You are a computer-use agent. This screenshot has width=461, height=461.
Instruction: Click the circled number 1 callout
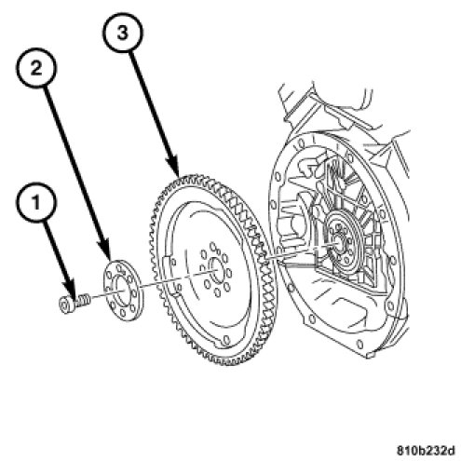coord(36,202)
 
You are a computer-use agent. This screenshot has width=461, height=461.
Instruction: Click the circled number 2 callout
coord(36,67)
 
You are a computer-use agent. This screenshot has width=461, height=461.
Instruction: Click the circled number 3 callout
coord(123,32)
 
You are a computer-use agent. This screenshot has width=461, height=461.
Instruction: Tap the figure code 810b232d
coord(426,450)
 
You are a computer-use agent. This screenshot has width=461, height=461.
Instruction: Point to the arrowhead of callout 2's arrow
coord(107,251)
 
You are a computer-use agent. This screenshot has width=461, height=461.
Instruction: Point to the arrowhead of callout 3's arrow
coord(174,170)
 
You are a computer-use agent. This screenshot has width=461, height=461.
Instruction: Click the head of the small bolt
coord(65,305)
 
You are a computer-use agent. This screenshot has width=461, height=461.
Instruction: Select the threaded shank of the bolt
coord(82,300)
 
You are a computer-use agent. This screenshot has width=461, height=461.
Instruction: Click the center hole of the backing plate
coord(121,287)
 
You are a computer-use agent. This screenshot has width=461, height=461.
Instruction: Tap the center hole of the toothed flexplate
coord(216,271)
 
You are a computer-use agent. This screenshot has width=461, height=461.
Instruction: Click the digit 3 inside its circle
coord(123,33)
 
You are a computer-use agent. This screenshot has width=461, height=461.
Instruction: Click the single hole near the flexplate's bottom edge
coord(226,339)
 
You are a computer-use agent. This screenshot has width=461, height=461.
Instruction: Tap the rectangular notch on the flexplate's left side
coord(166,264)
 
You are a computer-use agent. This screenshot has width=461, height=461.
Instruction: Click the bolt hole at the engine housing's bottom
coord(360,345)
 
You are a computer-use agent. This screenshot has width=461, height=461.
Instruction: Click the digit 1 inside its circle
coord(36,203)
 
